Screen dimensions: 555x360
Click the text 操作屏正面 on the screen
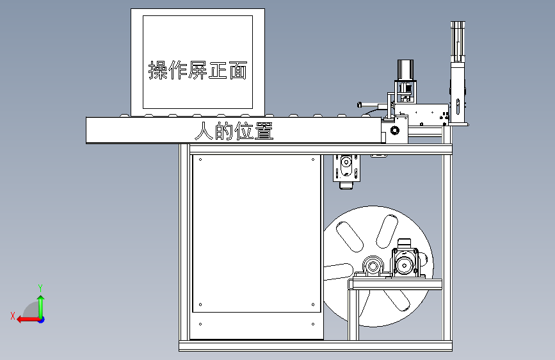pos(197,70)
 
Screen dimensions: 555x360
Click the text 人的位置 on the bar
pos(234,132)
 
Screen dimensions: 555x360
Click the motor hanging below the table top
pos(346,169)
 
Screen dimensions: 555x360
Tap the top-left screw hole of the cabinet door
pos(200,159)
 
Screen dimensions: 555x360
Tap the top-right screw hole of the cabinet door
pos(313,159)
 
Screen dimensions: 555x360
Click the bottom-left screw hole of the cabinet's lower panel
pos(200,323)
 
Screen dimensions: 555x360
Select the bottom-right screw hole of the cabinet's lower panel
pos(313,323)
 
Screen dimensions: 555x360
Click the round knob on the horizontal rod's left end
pos(360,104)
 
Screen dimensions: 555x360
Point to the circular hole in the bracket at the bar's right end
pos(394,131)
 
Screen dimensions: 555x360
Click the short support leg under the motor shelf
pos(353,314)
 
